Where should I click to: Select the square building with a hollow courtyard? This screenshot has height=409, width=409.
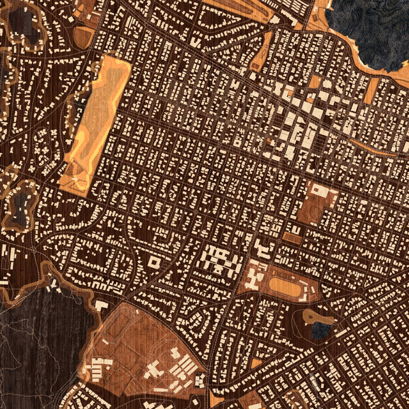tap(155, 262)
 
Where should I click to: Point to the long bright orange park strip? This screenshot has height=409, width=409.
tap(95, 123)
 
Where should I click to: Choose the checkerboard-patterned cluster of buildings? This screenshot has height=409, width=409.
tap(222, 260)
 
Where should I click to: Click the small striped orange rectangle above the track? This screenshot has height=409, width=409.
tap(292, 238)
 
